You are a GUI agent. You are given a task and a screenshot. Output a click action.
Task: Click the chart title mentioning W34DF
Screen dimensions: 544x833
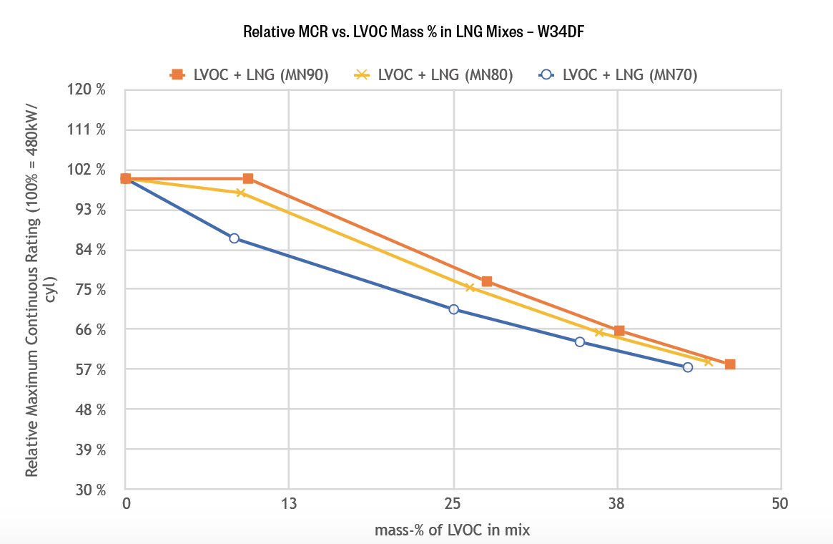point(415,32)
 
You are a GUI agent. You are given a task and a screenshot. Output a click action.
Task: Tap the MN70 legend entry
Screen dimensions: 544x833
point(619,74)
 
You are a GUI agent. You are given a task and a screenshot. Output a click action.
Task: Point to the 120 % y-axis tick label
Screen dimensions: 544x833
point(92,90)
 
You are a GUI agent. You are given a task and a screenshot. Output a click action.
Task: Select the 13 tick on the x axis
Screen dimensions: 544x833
point(289,503)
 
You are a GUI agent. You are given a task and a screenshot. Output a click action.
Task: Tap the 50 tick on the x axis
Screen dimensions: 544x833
point(780,503)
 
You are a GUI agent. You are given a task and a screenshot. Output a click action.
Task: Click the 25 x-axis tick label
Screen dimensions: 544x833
point(453,503)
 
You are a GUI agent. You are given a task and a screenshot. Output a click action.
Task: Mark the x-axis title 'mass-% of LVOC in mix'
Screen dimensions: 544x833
point(453,530)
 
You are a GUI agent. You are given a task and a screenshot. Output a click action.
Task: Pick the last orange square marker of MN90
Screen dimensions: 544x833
point(730,364)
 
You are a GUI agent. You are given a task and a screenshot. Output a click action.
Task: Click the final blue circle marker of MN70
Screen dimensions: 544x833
point(688,367)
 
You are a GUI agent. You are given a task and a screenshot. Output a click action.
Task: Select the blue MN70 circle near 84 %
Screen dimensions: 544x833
point(234,238)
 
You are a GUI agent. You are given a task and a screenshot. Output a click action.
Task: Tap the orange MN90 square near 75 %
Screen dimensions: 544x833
point(487,281)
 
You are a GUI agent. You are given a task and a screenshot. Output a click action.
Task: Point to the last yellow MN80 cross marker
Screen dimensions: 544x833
point(708,361)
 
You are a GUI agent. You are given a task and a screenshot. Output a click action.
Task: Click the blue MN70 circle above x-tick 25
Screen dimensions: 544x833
point(453,309)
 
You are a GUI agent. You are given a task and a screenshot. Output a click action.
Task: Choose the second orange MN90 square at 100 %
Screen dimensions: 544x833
point(248,178)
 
